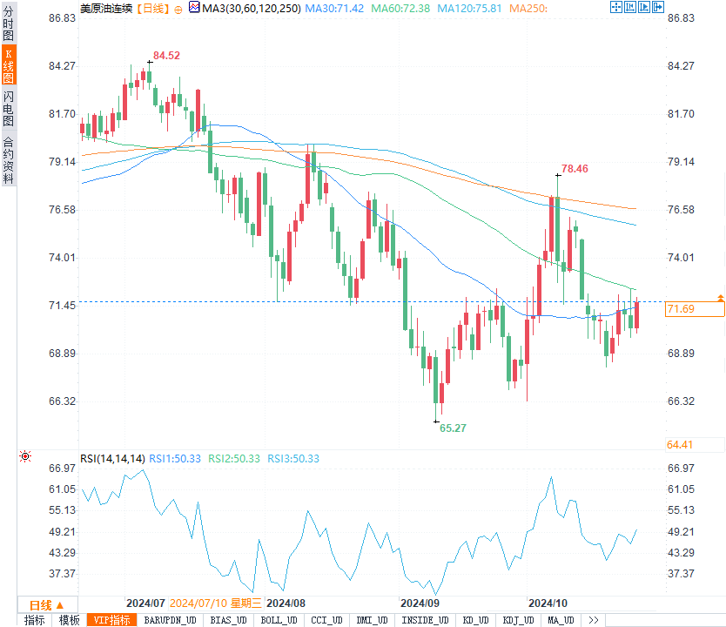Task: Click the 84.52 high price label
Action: [x=166, y=56]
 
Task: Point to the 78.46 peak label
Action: [x=575, y=169]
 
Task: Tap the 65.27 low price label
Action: [x=453, y=428]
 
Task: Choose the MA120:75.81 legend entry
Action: [x=469, y=8]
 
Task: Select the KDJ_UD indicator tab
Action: [x=519, y=620]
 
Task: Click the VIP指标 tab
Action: [x=113, y=620]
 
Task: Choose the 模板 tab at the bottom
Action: [x=69, y=620]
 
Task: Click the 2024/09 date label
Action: [x=419, y=603]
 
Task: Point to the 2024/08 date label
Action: [x=286, y=603]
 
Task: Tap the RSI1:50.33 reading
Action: [x=175, y=458]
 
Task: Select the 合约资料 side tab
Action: [x=9, y=160]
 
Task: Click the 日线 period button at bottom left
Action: [x=46, y=604]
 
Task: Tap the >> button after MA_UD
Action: [x=594, y=620]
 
